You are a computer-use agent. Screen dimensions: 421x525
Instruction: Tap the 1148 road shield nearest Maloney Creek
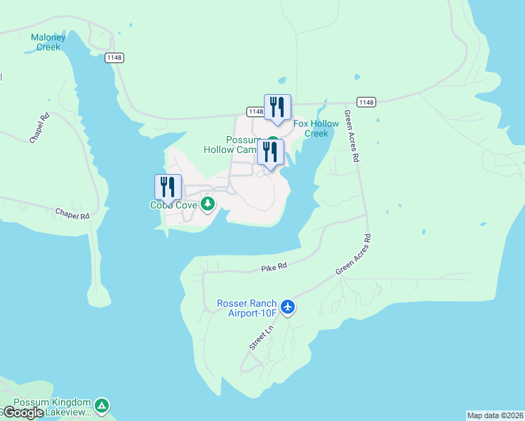114,58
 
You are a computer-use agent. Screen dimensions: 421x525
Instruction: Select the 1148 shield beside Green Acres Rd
366,102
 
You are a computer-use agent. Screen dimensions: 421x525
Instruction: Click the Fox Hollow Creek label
316,128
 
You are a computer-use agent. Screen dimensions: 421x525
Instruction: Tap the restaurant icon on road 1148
277,107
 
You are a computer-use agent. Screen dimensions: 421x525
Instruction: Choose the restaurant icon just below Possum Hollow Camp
270,152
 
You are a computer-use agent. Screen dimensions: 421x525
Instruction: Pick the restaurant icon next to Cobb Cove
168,187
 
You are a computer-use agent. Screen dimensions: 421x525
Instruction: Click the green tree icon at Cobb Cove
208,204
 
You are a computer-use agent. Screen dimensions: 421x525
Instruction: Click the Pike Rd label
274,267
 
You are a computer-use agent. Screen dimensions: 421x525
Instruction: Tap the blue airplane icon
287,307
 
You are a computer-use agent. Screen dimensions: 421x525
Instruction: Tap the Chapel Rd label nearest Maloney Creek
39,128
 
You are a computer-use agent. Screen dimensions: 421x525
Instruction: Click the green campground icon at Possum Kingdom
102,405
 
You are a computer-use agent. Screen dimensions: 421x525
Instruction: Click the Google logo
23,413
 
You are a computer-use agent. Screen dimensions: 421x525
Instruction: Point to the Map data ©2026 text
495,415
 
